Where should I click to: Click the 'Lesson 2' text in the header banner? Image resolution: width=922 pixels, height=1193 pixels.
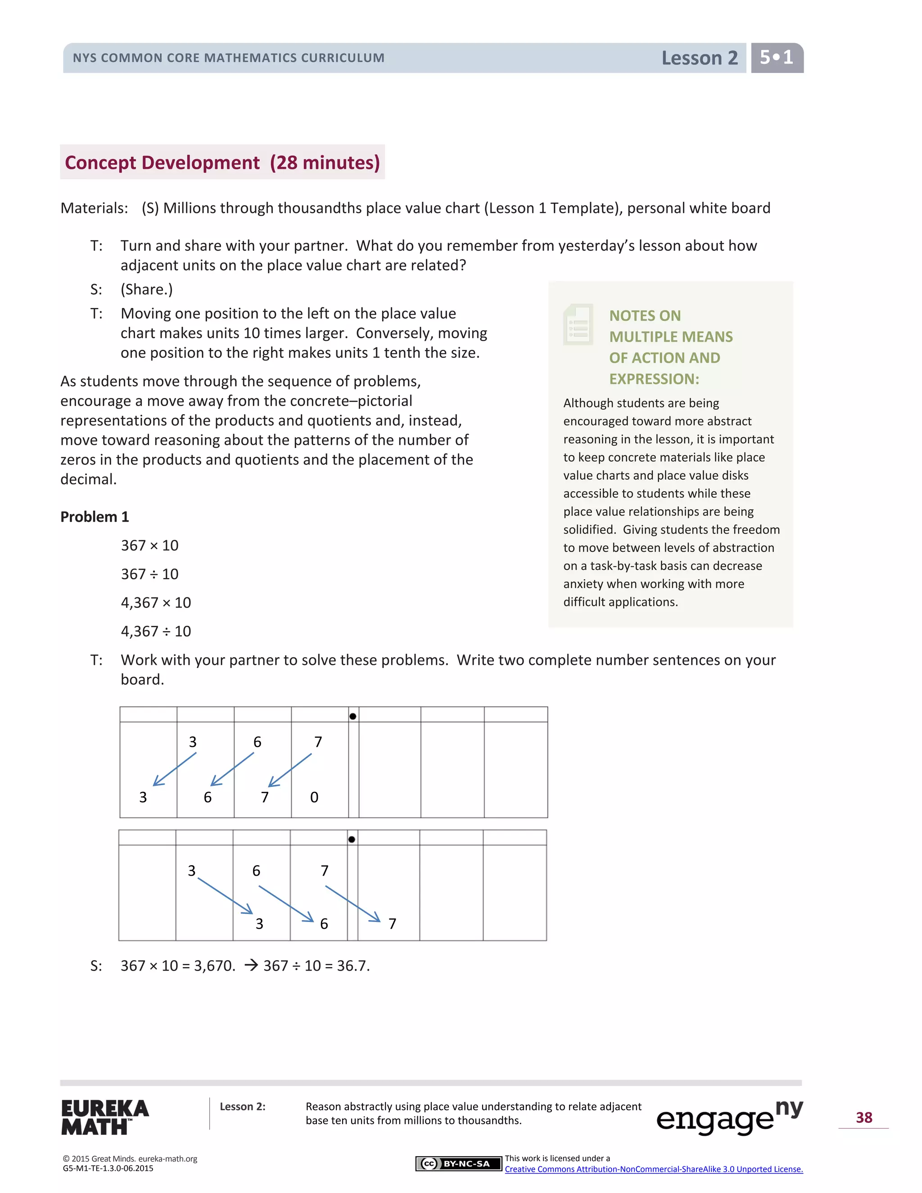point(699,58)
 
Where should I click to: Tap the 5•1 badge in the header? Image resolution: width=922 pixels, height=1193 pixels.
point(776,57)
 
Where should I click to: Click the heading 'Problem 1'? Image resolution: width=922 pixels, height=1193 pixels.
point(95,517)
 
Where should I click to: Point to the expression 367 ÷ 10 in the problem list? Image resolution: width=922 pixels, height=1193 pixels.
point(149,574)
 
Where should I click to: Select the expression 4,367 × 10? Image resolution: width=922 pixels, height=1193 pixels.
point(156,602)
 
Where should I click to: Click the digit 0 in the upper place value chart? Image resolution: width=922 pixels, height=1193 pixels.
point(314,797)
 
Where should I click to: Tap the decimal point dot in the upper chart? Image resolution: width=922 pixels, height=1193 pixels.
point(353,716)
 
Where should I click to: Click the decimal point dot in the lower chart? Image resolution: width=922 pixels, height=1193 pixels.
point(352,839)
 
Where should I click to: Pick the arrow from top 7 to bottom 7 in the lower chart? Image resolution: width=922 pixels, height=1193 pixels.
point(353,904)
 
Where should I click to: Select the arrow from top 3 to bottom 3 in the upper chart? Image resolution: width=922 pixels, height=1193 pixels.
point(174,770)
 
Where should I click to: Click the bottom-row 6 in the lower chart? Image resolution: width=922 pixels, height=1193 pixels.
point(324,924)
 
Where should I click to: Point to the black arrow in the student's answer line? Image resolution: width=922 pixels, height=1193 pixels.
point(251,965)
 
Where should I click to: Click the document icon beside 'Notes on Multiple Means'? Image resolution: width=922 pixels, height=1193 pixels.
point(578,325)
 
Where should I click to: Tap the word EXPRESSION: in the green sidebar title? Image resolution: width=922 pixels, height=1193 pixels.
point(654,379)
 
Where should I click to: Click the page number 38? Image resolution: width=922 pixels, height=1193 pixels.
point(863,1118)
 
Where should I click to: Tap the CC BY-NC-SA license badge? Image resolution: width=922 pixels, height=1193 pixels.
point(458,1163)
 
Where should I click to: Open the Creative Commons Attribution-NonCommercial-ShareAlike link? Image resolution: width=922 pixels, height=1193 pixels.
point(653,1169)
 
